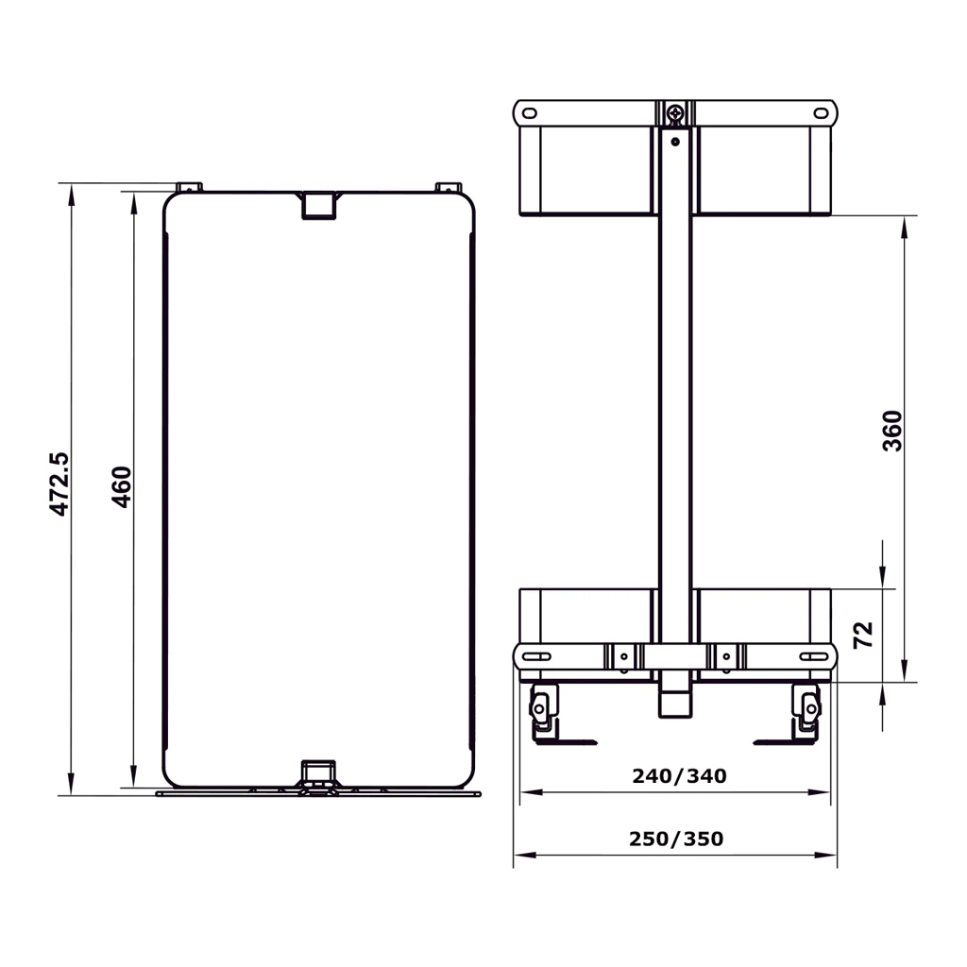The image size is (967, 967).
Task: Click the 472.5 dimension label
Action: tap(59, 484)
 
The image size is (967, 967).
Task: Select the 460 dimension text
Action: tap(122, 487)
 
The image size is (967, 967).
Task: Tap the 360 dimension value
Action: tap(892, 431)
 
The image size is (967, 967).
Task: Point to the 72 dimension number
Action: tap(863, 635)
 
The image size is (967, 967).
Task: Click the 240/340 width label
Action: tap(679, 776)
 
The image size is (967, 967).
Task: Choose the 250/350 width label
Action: tap(676, 839)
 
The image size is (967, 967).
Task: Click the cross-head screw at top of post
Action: tap(675, 113)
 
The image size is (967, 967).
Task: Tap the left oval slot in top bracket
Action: tap(530, 113)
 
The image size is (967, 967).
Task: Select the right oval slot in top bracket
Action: tap(821, 113)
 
